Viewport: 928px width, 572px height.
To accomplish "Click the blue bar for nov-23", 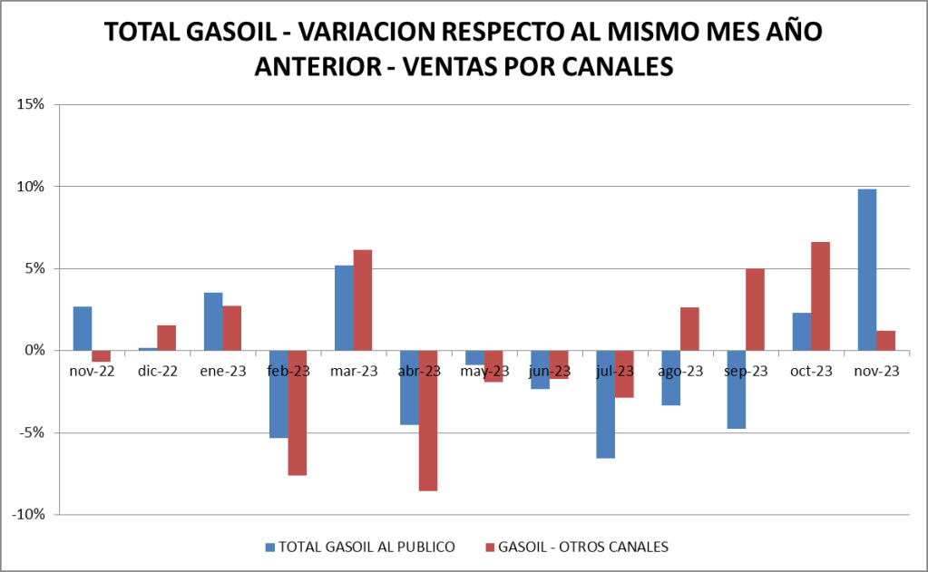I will point(866,269).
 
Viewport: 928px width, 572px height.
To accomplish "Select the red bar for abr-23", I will point(428,421).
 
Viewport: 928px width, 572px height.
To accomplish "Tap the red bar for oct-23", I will point(820,296).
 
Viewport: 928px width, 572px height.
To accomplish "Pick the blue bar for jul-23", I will point(605,404).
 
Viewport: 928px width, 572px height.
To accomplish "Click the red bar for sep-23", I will point(755,309).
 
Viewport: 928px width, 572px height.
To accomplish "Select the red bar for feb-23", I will point(298,412).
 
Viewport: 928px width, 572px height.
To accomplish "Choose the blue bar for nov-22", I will point(83,328).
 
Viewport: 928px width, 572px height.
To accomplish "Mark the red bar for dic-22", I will point(167,337).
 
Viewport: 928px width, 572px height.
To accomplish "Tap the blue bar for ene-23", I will point(213,321).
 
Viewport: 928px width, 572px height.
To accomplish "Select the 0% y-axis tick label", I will point(34,350).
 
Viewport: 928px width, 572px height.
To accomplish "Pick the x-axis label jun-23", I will point(550,371).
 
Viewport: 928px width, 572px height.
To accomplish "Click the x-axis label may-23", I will point(484,371).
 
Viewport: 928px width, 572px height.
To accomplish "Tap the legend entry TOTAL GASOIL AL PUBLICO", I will point(366,547).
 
